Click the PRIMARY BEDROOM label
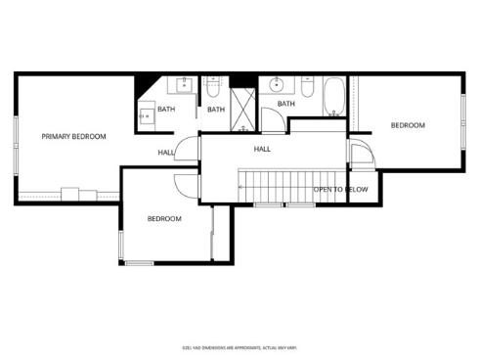[73, 137]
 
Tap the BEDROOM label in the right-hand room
[408, 125]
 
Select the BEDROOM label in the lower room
[164, 218]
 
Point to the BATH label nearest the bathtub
[286, 104]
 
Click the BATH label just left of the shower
[216, 110]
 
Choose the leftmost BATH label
[166, 110]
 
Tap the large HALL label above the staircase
[262, 149]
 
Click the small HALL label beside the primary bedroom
[166, 152]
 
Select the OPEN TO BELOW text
[340, 189]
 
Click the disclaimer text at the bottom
[239, 346]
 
